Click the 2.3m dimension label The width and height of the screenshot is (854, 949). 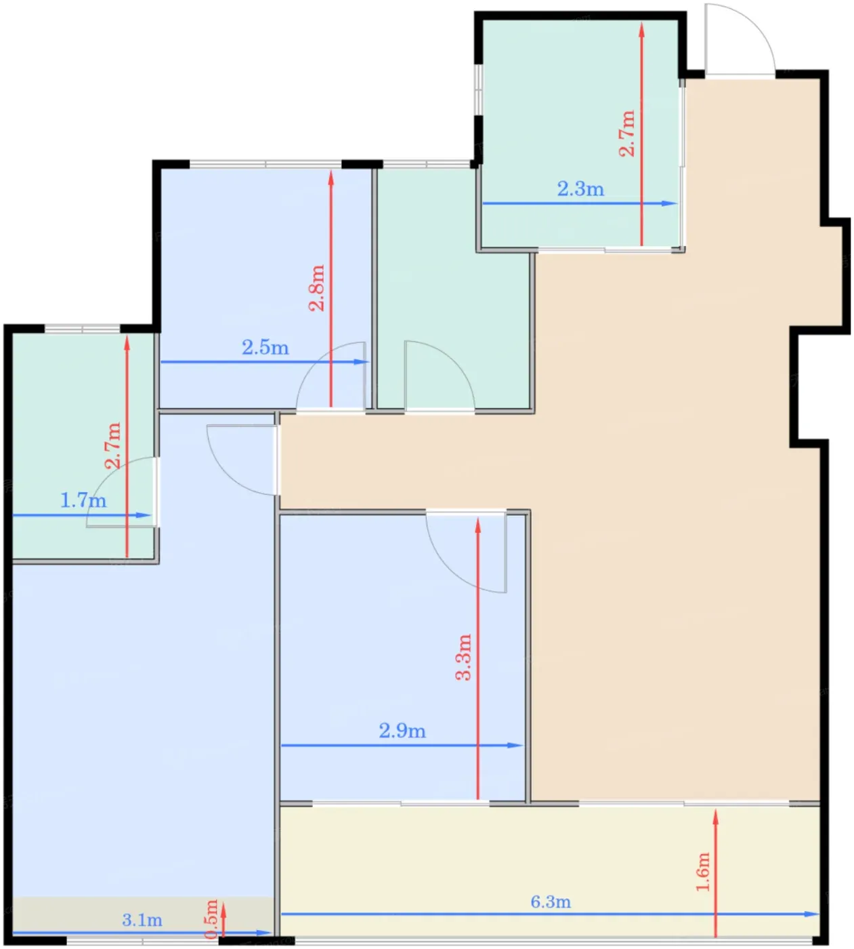[580, 189]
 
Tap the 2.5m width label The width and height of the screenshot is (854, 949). [265, 348]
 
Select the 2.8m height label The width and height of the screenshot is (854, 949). [317, 287]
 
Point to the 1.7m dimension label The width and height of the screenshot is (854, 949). [83, 500]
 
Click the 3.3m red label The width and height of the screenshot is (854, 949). [463, 657]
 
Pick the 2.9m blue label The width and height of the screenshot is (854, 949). [402, 731]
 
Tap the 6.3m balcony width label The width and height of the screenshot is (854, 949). [551, 902]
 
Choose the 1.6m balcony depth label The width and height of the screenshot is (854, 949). [703, 872]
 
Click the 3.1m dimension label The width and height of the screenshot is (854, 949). [142, 920]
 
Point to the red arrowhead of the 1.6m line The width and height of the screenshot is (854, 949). [715, 817]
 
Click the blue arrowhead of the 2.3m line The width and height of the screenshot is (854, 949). [670, 203]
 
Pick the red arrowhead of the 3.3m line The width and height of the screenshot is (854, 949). [477, 526]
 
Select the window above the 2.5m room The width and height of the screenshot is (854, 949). [265, 164]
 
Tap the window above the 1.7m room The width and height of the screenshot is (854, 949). [82, 328]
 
